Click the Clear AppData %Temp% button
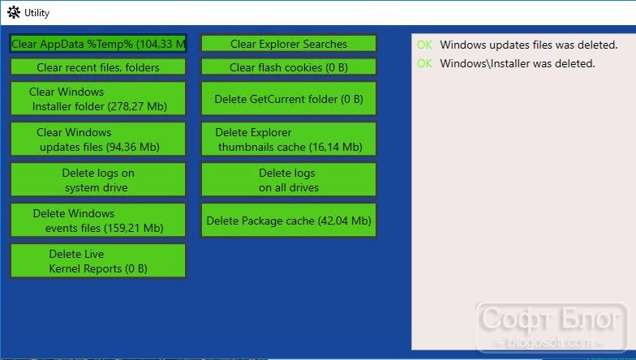click(x=97, y=44)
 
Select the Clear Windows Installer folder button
click(x=97, y=99)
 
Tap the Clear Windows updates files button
click(x=97, y=139)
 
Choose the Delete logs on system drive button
click(x=97, y=180)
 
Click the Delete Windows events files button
click(x=97, y=221)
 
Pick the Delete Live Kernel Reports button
click(x=97, y=261)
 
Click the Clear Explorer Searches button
click(x=289, y=44)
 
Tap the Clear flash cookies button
click(x=289, y=66)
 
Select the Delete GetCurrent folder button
click(x=289, y=99)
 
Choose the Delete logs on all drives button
click(x=289, y=180)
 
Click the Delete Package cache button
click(x=289, y=221)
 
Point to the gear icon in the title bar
click(x=13, y=13)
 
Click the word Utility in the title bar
click(x=37, y=13)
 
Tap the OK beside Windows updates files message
click(x=425, y=45)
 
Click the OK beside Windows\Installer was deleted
click(x=425, y=63)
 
